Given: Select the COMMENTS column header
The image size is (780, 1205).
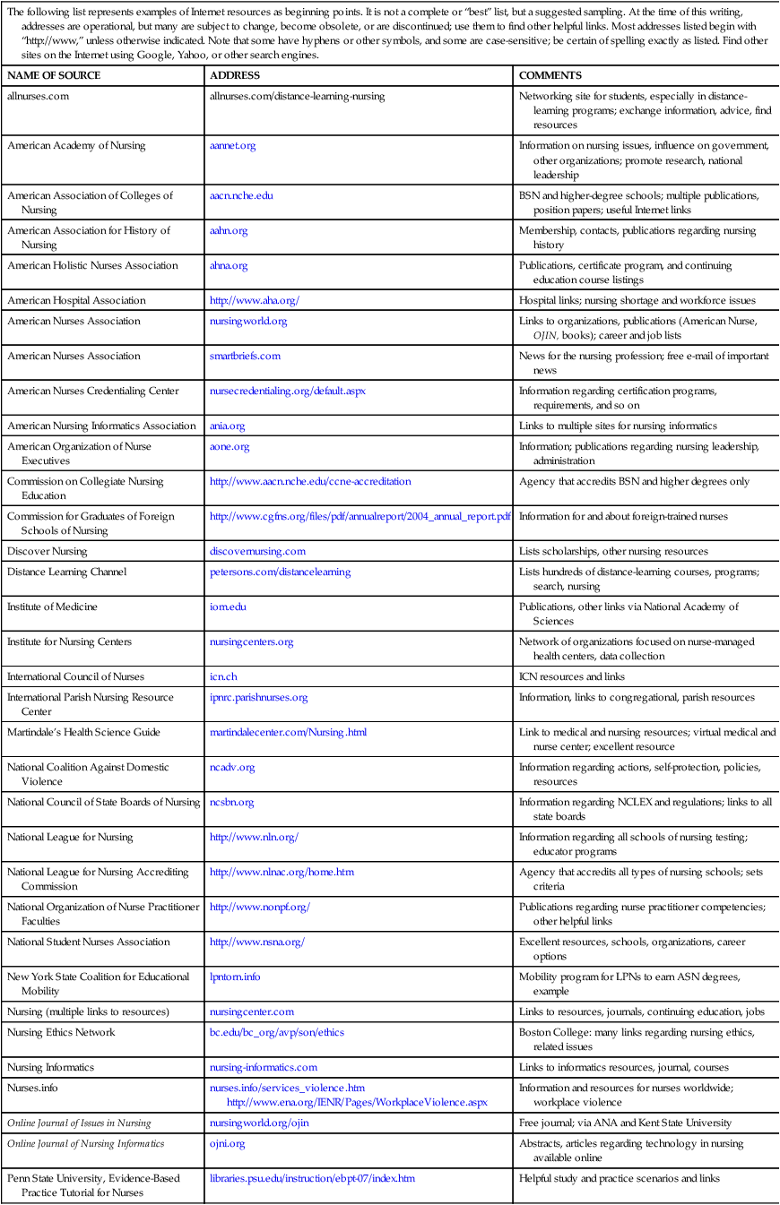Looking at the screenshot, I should click(x=550, y=76).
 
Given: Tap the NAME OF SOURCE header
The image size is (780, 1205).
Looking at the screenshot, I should click(x=54, y=76).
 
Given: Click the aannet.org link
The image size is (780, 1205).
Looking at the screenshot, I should click(x=232, y=146).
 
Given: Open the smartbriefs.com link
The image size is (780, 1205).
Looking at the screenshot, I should click(x=245, y=356).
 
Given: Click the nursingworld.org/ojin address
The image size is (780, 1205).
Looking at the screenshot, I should click(x=257, y=1123).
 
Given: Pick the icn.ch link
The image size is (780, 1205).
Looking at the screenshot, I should click(x=223, y=676).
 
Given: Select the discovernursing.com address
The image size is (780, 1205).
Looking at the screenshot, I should click(x=257, y=551).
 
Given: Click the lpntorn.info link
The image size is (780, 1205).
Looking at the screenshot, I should click(x=235, y=977).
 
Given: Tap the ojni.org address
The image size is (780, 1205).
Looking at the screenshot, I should click(x=227, y=1143).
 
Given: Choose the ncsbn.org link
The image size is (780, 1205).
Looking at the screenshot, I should click(x=231, y=802).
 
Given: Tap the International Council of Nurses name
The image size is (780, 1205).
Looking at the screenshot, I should click(x=75, y=676).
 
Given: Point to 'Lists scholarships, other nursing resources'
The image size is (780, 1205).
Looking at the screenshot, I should click(x=613, y=551).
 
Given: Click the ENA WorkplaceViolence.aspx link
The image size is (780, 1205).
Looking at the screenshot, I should click(x=357, y=1101).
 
